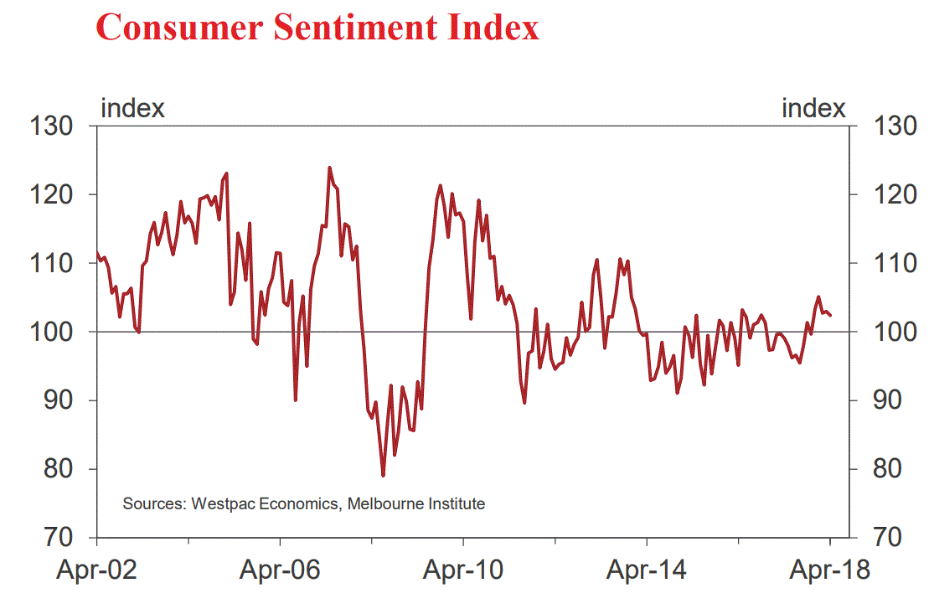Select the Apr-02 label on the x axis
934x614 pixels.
[x=96, y=571]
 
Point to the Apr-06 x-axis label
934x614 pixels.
[x=279, y=571]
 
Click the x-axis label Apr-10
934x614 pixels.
[x=462, y=571]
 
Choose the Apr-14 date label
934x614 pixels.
[x=646, y=571]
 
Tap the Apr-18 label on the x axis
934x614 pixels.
[x=830, y=571]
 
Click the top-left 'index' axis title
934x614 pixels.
[x=132, y=108]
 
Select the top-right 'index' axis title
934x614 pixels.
[x=813, y=108]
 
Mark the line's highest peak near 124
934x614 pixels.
[x=329, y=168]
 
